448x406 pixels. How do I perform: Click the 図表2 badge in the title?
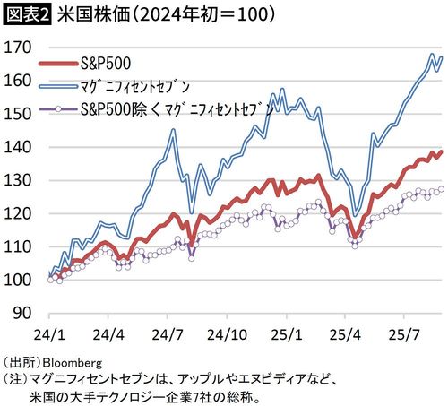coord(26,15)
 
